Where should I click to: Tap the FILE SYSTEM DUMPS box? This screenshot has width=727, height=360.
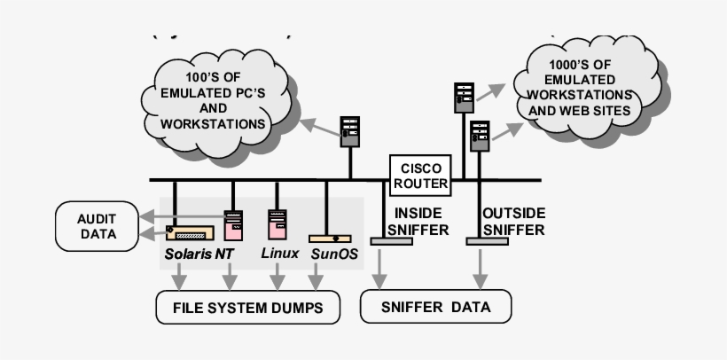coord(238,308)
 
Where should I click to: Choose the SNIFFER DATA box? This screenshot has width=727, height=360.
coord(436,308)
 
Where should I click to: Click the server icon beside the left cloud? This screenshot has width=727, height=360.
coord(350,132)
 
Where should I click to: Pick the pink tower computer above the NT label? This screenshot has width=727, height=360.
coord(233,225)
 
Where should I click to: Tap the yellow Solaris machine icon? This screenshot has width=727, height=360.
coord(190,234)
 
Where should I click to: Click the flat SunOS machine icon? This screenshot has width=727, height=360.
coord(330,239)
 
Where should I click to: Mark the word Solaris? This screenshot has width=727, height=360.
coord(188,254)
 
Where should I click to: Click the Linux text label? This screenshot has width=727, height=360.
coord(279,254)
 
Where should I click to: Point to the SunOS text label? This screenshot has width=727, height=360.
coord(334,254)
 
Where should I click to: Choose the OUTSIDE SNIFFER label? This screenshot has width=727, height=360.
coord(513,222)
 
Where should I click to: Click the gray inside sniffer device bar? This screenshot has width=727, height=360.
coord(384,241)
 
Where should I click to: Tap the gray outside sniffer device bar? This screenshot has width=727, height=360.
coord(487,241)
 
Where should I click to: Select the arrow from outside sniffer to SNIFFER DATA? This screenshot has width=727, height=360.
coord(481,266)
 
